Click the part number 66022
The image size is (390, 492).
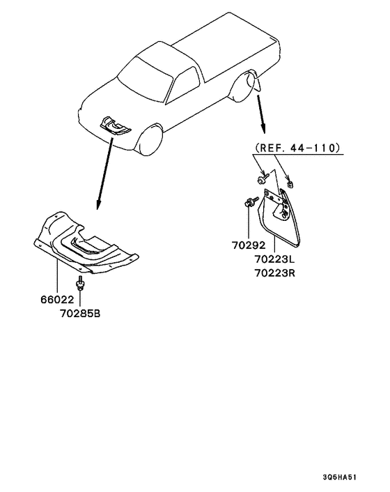coord(57,300)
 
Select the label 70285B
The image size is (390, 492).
coord(80,314)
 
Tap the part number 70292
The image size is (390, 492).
coord(249,245)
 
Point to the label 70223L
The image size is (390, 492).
coord(274,259)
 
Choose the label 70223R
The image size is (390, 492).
coord(274,273)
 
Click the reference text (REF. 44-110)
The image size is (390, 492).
coord(297,148)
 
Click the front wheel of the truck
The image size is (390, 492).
coord(150,139)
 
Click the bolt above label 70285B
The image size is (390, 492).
coord(80,284)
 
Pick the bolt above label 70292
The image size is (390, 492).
coord(251,202)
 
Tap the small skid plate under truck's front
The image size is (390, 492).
coord(115,126)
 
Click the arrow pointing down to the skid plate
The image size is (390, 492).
coord(105,174)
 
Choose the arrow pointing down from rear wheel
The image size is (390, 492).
coord(261,114)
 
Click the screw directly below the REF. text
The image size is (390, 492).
coord(263,179)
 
